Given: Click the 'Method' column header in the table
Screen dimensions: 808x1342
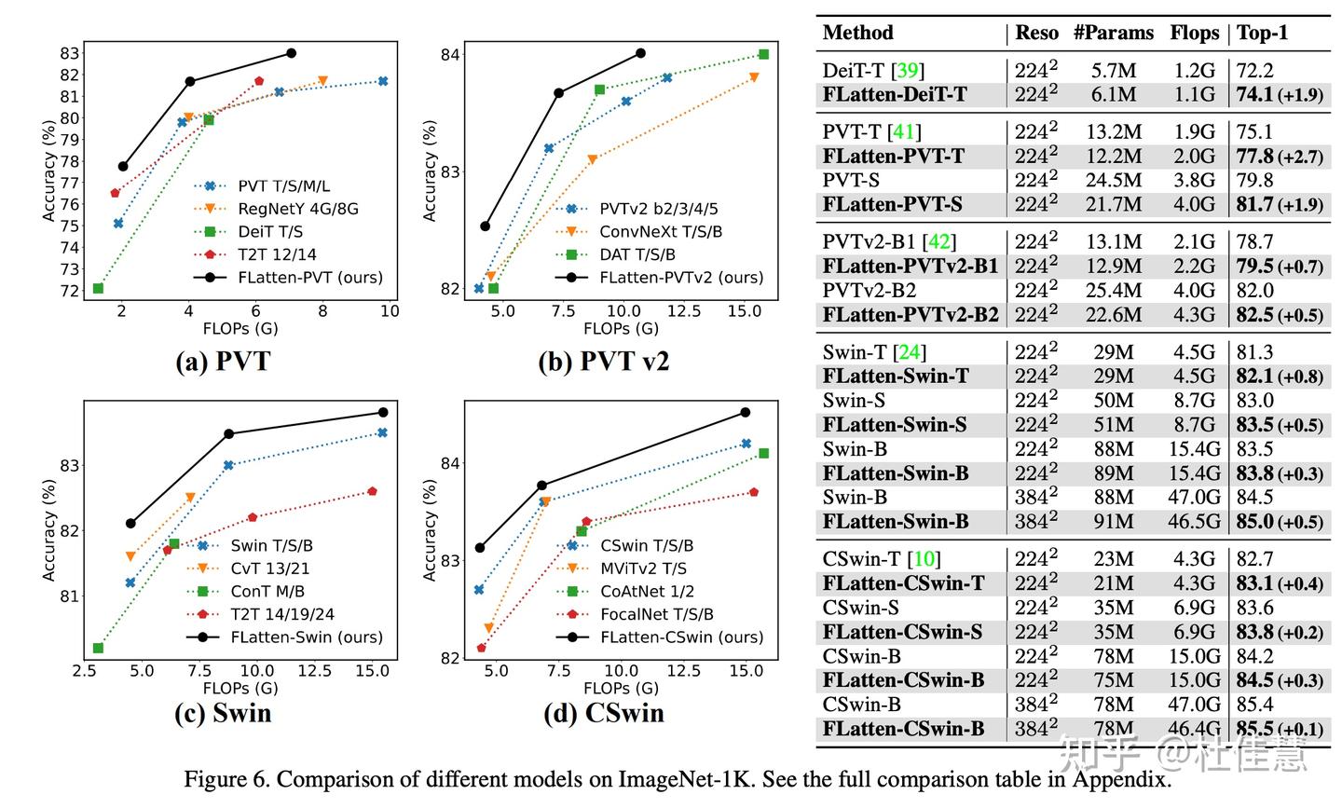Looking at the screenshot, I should tap(857, 34).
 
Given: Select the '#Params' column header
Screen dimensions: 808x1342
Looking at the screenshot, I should tap(1113, 34).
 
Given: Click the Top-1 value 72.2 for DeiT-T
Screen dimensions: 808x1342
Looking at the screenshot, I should tap(1254, 71).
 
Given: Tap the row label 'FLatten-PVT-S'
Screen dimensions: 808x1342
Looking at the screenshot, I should tap(892, 204).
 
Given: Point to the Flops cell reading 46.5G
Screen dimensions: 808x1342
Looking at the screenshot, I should tap(1194, 522).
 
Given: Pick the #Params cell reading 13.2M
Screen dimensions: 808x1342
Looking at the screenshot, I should tap(1113, 132).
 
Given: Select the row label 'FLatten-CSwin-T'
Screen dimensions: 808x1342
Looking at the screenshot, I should tap(903, 583).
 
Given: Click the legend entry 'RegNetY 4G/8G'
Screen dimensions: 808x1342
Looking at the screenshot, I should tap(297, 209).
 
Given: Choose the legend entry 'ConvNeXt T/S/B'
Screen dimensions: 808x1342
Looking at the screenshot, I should tap(660, 232).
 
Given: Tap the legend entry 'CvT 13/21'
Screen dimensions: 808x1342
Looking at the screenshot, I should tap(269, 568).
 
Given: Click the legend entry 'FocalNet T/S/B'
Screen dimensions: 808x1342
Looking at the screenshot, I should tap(656, 614).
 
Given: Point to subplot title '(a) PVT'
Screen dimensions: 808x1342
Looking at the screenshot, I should tap(223, 361).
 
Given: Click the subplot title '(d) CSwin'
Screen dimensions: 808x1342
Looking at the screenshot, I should tap(604, 713).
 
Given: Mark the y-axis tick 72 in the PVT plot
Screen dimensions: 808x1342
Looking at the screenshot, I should tap(70, 291).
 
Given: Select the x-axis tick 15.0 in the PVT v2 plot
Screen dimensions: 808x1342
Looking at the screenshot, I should tap(744, 310).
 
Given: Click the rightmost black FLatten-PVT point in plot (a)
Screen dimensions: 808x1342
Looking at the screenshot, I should tap(291, 53).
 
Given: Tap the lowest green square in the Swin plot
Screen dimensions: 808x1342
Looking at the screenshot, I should tap(98, 648).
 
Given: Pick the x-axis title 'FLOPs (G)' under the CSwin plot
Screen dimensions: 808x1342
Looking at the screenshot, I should tap(621, 688).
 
